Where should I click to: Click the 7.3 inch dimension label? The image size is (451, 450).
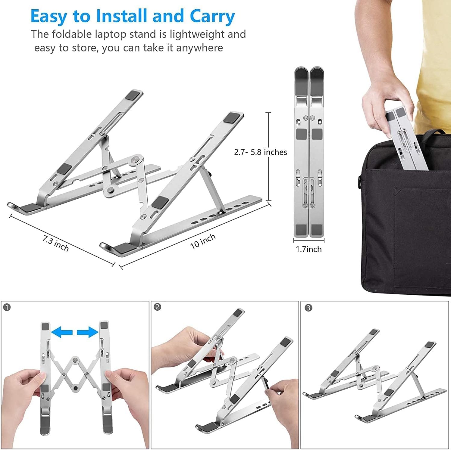pos(56,244)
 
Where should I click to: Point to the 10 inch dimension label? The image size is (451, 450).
pos(203,241)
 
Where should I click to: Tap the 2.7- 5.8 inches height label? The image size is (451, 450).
pos(261,152)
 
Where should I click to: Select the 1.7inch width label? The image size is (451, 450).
pos(308,249)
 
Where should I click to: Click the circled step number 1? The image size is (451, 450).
pos(7,307)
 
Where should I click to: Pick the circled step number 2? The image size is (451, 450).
pos(157,307)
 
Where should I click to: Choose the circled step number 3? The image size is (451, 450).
pos(308,308)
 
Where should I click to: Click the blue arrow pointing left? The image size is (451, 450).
pos(62,332)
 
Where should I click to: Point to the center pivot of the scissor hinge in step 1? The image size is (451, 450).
pos(74,360)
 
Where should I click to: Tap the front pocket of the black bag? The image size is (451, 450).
pos(422,238)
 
